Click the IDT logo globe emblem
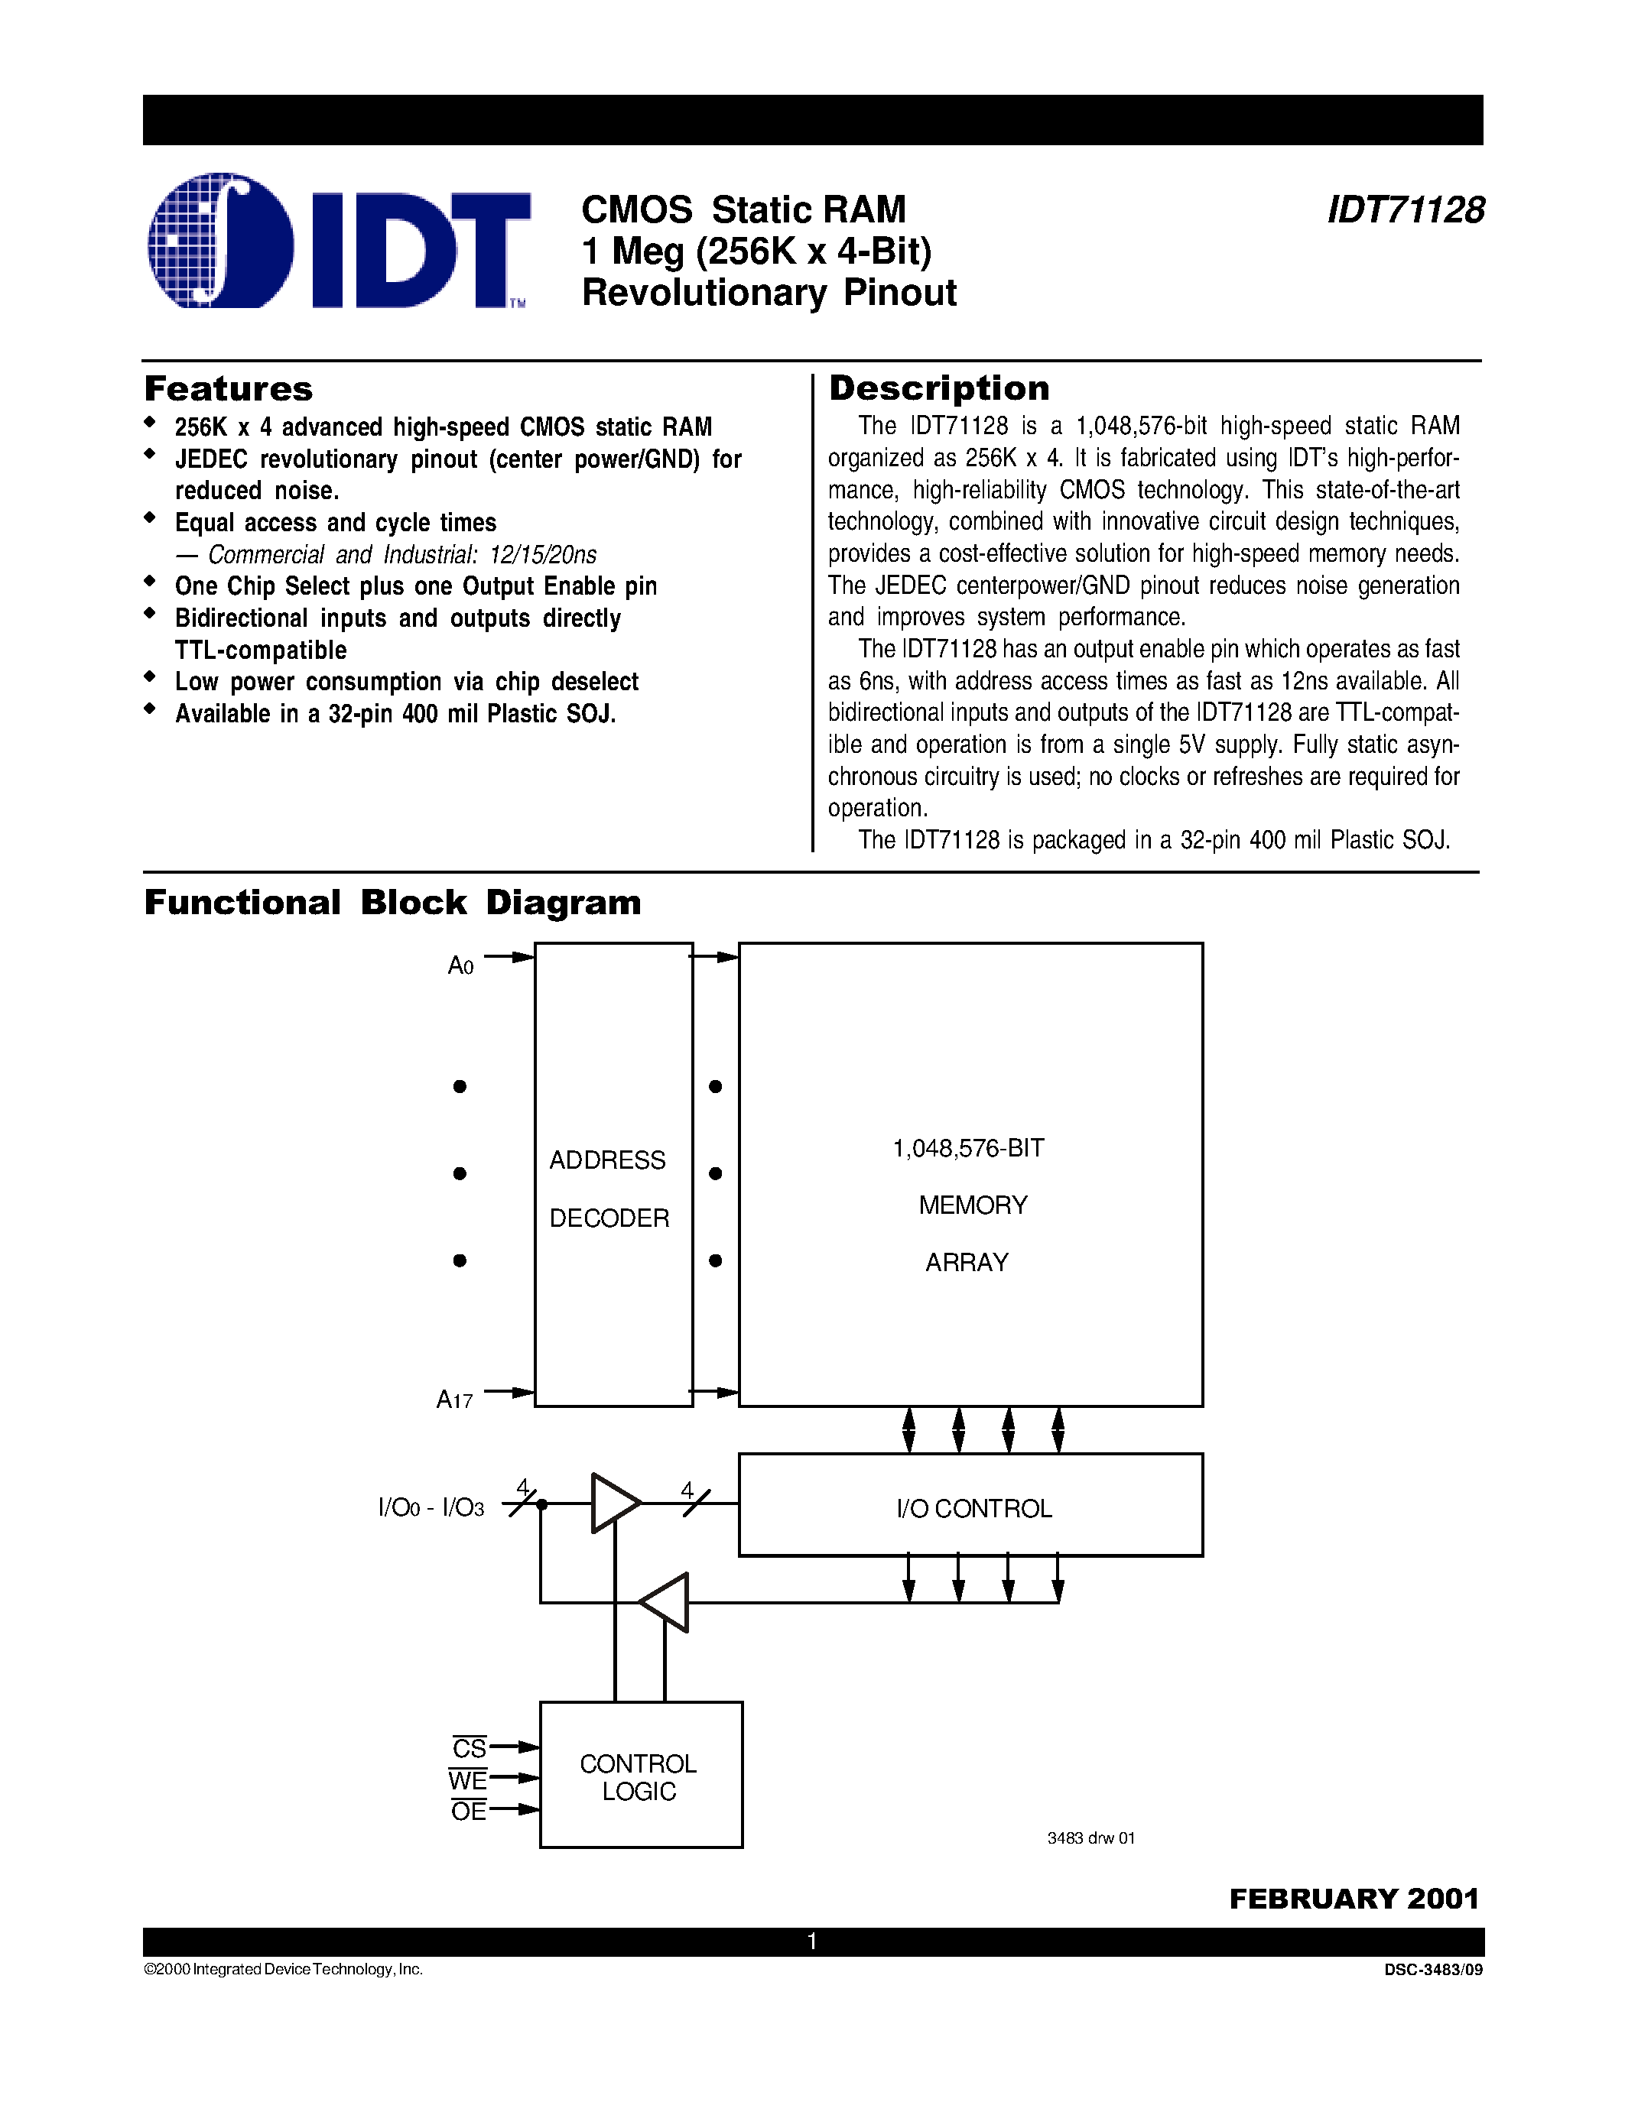pos(220,241)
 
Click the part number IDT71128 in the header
pos(1405,209)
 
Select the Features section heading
pos(228,389)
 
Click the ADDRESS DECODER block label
pos(609,1189)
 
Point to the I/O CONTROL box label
pos(973,1508)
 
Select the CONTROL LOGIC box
pos(640,1776)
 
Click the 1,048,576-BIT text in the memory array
pos(968,1148)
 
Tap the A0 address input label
pos(461,965)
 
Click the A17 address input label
pos(454,1400)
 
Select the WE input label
pos(467,1779)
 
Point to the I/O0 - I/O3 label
pos(431,1508)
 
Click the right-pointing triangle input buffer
pos(613,1503)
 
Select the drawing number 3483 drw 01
pos(1090,1838)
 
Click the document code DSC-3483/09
pos(1432,1970)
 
